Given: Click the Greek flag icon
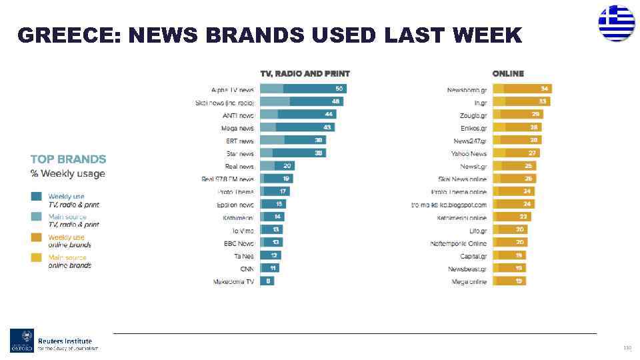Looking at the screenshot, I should click(616, 23).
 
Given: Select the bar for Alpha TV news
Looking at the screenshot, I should click(303, 89).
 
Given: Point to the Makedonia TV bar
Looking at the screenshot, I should click(267, 281).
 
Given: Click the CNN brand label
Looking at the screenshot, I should click(246, 269).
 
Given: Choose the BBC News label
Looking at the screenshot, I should click(239, 243).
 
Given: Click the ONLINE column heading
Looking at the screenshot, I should click(508, 73).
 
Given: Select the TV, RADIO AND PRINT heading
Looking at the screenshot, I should click(305, 73).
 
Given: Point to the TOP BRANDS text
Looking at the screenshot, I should click(68, 159).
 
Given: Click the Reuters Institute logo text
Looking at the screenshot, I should click(65, 341).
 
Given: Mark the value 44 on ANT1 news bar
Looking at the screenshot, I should click(329, 115).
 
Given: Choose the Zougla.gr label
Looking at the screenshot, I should click(473, 115).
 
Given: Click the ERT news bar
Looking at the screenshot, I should click(293, 141).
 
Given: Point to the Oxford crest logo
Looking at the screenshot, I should click(21, 340).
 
